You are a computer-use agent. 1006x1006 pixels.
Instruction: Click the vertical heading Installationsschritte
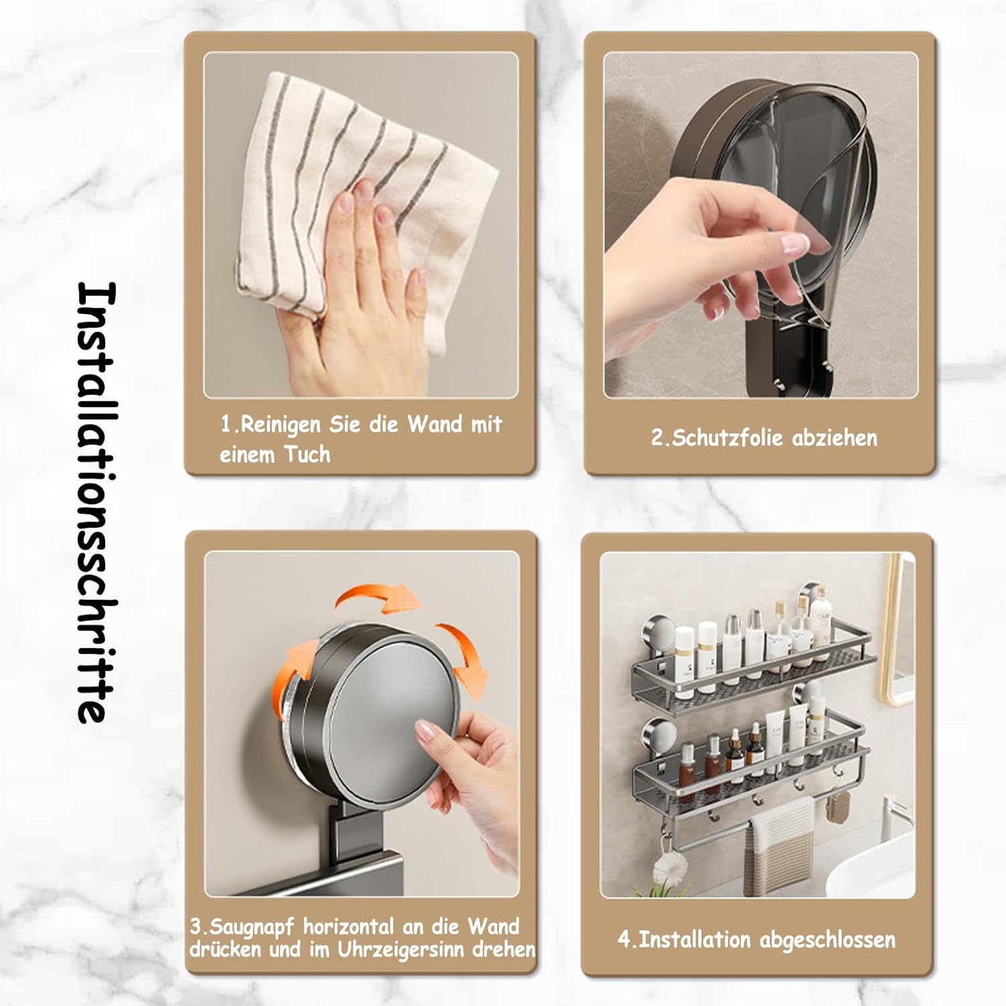[97, 502]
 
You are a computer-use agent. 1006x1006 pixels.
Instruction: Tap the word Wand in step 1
[435, 424]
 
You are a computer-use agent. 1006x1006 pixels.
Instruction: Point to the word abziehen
[835, 438]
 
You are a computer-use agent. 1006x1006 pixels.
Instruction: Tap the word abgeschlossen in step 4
[828, 940]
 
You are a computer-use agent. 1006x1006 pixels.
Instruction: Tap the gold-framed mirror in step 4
[897, 630]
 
